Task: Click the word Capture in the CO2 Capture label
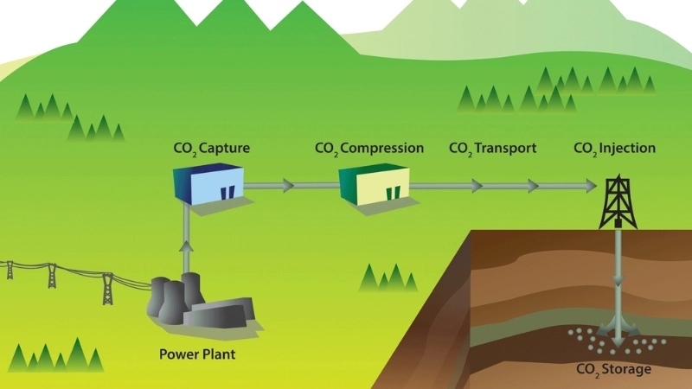click(225, 149)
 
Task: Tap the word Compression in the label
click(381, 149)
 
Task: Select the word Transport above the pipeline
click(504, 149)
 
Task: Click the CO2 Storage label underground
click(614, 371)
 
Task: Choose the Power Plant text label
click(197, 354)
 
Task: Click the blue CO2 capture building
click(208, 184)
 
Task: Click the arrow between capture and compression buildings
click(286, 185)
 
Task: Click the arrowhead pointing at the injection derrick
click(590, 185)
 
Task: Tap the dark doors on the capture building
click(227, 192)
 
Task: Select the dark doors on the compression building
click(394, 192)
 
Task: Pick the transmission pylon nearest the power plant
click(107, 288)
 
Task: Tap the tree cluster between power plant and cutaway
click(387, 277)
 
